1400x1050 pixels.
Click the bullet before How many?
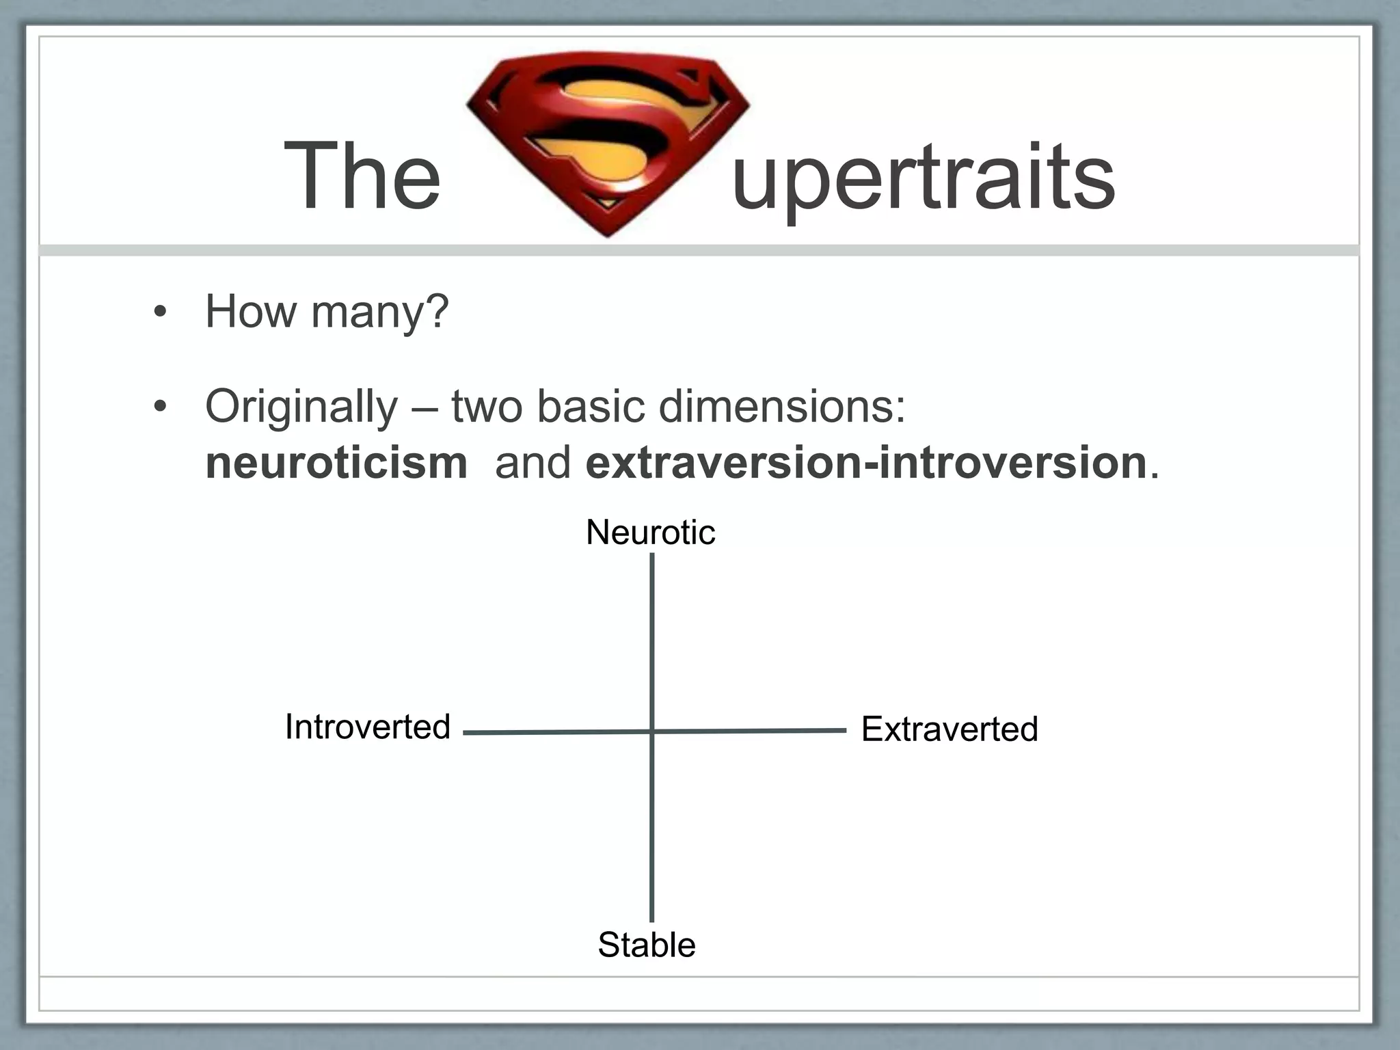pyautogui.click(x=160, y=312)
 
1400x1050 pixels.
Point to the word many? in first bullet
pyautogui.click(x=380, y=312)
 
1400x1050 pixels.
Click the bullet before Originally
pyautogui.click(x=160, y=407)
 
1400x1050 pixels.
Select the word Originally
pyautogui.click(x=301, y=407)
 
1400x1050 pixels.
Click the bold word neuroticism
pyautogui.click(x=336, y=463)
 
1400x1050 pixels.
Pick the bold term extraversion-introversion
pyautogui.click(x=866, y=463)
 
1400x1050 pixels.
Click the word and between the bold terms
pyautogui.click(x=533, y=463)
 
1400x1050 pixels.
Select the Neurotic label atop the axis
pyautogui.click(x=650, y=533)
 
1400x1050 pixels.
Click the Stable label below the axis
pyautogui.click(x=647, y=945)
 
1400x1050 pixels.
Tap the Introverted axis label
pyautogui.click(x=368, y=727)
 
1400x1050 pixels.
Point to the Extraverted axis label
pyautogui.click(x=950, y=729)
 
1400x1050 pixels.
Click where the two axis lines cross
pyautogui.click(x=652, y=731)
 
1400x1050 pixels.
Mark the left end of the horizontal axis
pyautogui.click(x=466, y=733)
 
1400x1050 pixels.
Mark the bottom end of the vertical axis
pyautogui.click(x=652, y=919)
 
